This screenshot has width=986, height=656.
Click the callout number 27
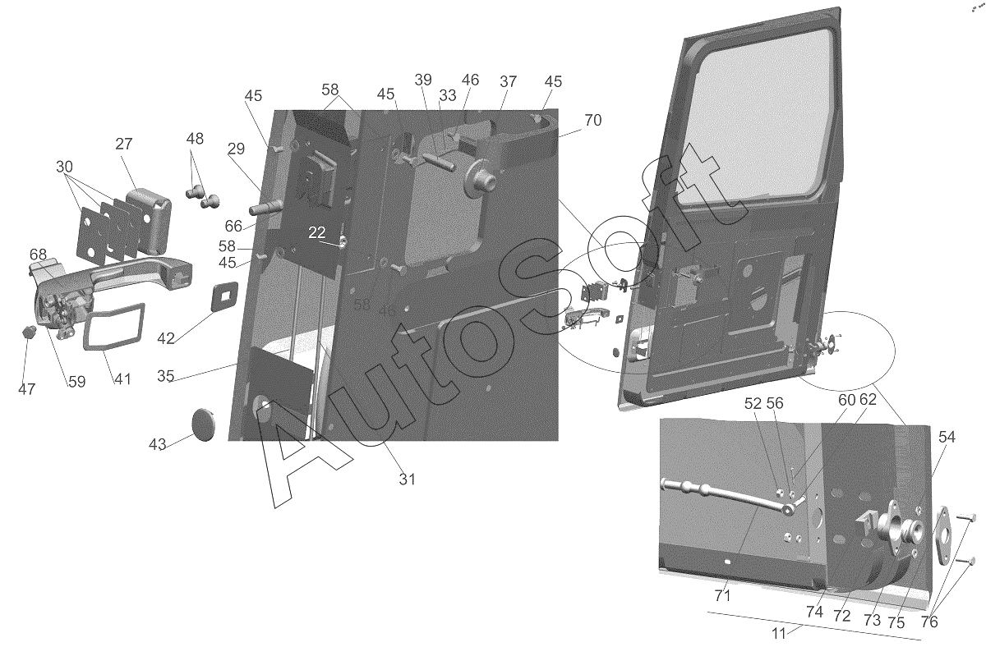pyautogui.click(x=124, y=144)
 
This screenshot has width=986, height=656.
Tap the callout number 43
pyautogui.click(x=157, y=444)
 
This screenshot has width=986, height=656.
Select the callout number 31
pyautogui.click(x=408, y=479)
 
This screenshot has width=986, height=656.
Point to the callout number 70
pyautogui.click(x=593, y=120)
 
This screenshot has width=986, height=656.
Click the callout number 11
pyautogui.click(x=779, y=634)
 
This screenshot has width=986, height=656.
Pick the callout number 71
pyautogui.click(x=722, y=596)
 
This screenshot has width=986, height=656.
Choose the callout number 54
pyautogui.click(x=947, y=437)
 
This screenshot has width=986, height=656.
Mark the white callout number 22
pyautogui.click(x=316, y=232)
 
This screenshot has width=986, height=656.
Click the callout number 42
pyautogui.click(x=165, y=338)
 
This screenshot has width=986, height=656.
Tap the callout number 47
pyautogui.click(x=26, y=389)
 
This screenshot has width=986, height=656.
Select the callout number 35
pyautogui.click(x=165, y=376)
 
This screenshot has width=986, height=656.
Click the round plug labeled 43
pyautogui.click(x=205, y=424)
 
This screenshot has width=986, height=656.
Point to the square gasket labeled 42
pyautogui.click(x=225, y=296)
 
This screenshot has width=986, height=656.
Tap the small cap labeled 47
pyautogui.click(x=29, y=333)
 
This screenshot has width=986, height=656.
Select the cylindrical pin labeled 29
pyautogui.click(x=265, y=207)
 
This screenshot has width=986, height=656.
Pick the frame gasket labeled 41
pyautogui.click(x=113, y=327)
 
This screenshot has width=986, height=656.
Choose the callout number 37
pyautogui.click(x=508, y=82)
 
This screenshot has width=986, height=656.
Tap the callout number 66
pyautogui.click(x=233, y=226)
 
